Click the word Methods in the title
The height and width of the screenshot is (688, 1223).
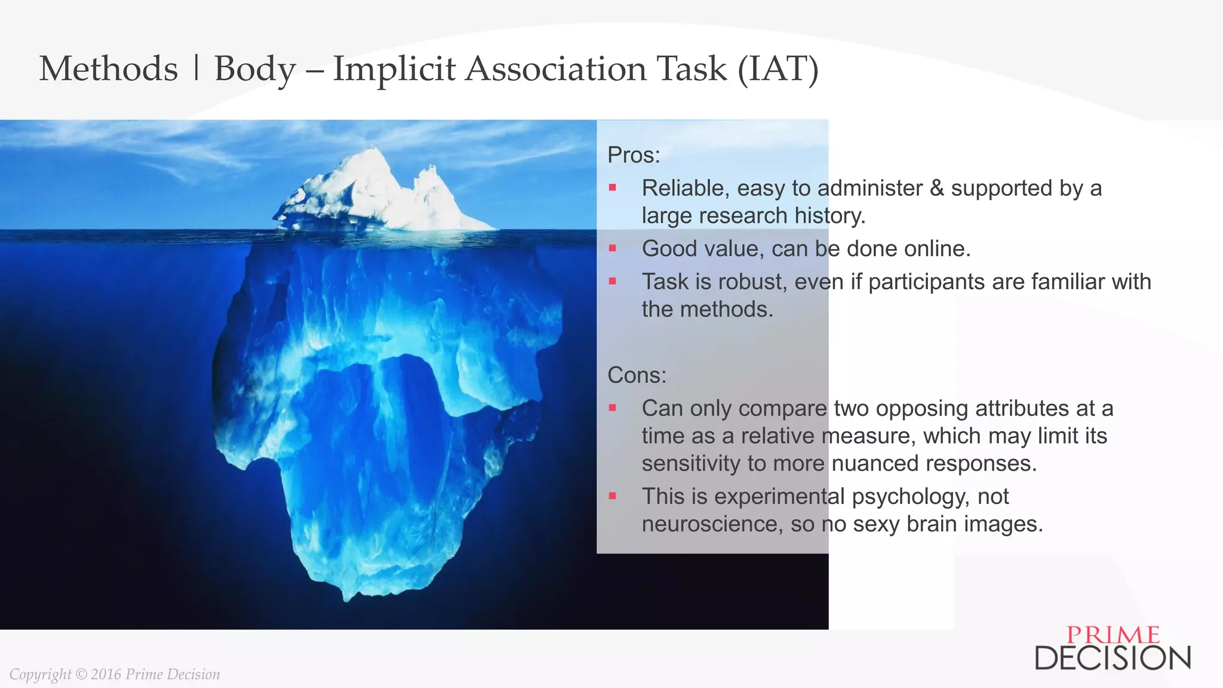pos(108,69)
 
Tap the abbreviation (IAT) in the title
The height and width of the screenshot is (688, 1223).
pos(778,69)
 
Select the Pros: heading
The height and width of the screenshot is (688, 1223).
pos(634,155)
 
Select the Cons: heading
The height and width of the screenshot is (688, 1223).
pos(637,376)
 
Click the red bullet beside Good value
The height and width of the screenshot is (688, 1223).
pos(612,248)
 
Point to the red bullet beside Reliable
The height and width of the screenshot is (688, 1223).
pos(612,188)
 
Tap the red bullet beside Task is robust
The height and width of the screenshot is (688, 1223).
pos(612,281)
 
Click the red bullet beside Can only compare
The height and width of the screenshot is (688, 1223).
pos(612,408)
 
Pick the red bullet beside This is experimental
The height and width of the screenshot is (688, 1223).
pos(612,496)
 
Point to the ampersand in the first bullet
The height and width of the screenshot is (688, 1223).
pos(937,188)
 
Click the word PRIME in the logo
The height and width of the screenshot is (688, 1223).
pos(1113,635)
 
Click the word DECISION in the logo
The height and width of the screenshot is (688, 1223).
pos(1113,658)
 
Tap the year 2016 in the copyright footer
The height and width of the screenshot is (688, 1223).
pos(106,674)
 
